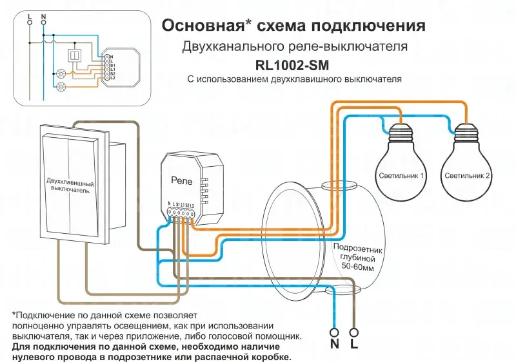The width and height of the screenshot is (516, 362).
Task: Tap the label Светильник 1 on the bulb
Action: (401, 175)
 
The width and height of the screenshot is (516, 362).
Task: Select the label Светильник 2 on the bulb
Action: (467, 175)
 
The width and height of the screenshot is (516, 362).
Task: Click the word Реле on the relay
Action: (182, 182)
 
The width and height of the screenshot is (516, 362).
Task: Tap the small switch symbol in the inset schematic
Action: (75, 56)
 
